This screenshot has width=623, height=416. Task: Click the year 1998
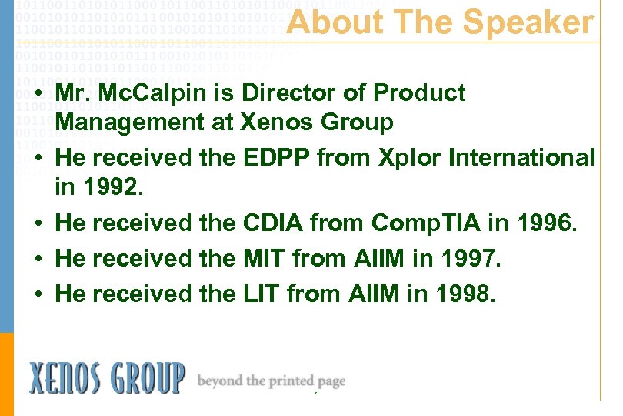[x=462, y=294]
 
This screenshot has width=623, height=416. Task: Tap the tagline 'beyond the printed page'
[x=272, y=381]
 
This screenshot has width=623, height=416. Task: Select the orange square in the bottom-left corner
[x=7, y=374]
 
